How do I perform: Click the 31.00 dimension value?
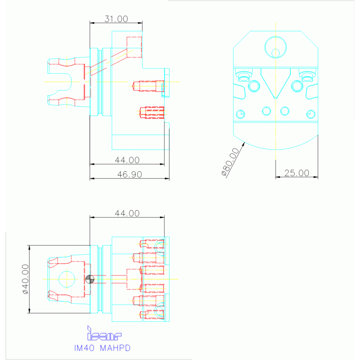[x=116, y=19]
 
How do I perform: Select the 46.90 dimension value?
[x=130, y=175]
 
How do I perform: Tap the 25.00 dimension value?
[x=297, y=173]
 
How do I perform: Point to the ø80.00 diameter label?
[x=230, y=161]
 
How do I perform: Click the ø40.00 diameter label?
[x=25, y=279]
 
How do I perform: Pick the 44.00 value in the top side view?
[x=127, y=160]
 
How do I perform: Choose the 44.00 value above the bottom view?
[x=127, y=213]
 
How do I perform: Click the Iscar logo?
[x=104, y=333]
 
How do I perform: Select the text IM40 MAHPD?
[x=102, y=348]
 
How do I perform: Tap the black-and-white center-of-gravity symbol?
[x=90, y=279]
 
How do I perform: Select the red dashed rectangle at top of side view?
[x=134, y=47]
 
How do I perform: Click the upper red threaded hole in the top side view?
[x=148, y=86]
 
